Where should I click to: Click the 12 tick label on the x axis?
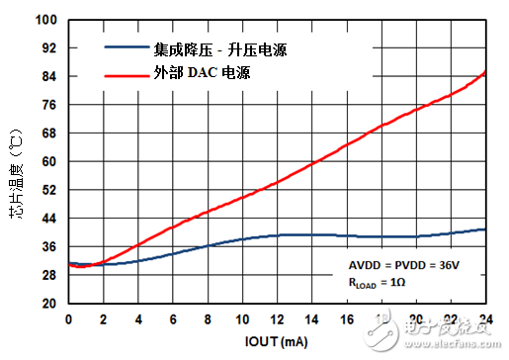pos(277,318)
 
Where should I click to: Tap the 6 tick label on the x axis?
pos(173,318)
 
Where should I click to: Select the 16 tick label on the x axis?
pos(347,318)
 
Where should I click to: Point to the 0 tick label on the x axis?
pos(68,318)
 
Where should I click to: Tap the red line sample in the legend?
pos(126,72)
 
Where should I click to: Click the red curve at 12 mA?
pos(277,183)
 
